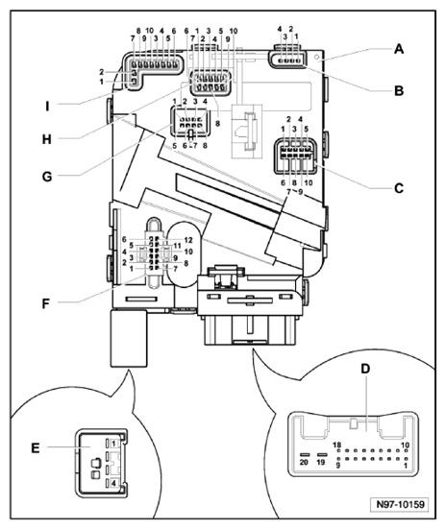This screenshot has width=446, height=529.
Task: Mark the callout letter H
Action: coord(39,137)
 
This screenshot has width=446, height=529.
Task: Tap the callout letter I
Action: coord(39,99)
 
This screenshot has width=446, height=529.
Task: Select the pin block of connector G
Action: coord(188,124)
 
